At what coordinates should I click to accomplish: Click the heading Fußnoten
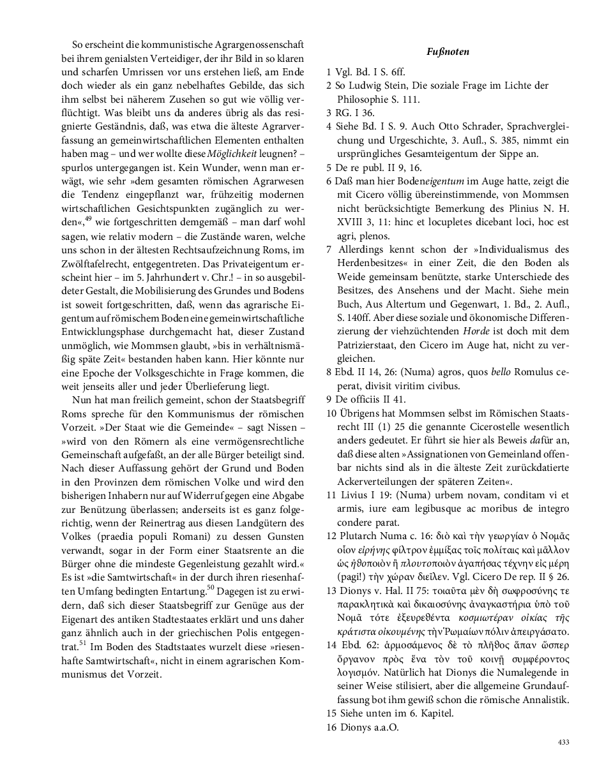(447, 52)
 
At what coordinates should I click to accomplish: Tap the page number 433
(563, 741)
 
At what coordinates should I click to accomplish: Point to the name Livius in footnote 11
(357, 494)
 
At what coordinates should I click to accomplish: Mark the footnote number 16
(331, 727)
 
